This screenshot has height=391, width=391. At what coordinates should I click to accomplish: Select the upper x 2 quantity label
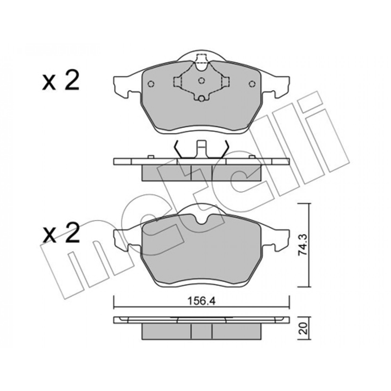(60, 82)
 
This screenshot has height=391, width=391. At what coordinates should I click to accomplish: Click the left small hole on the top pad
(151, 84)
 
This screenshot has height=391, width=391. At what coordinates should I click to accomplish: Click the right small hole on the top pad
(252, 84)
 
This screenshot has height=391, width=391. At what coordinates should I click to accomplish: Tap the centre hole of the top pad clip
(201, 81)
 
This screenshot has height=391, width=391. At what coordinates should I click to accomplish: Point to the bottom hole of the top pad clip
(201, 99)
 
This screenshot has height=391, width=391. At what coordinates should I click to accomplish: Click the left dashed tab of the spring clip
(177, 81)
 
